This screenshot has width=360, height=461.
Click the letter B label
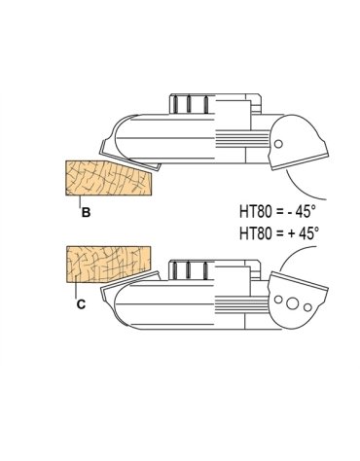pos(86,213)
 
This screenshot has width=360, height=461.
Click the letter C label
pos(81,304)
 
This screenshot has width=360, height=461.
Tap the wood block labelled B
pos(109,178)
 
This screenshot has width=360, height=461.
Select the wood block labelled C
pos(108,265)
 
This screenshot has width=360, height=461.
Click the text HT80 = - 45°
pos(277,212)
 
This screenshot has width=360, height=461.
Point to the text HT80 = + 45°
pos(278,233)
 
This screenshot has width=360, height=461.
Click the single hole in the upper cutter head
pos(278,144)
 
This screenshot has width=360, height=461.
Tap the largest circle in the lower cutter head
pos(292,303)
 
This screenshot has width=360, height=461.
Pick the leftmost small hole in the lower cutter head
pos(278,300)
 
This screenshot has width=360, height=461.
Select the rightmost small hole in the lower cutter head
pos(307,306)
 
